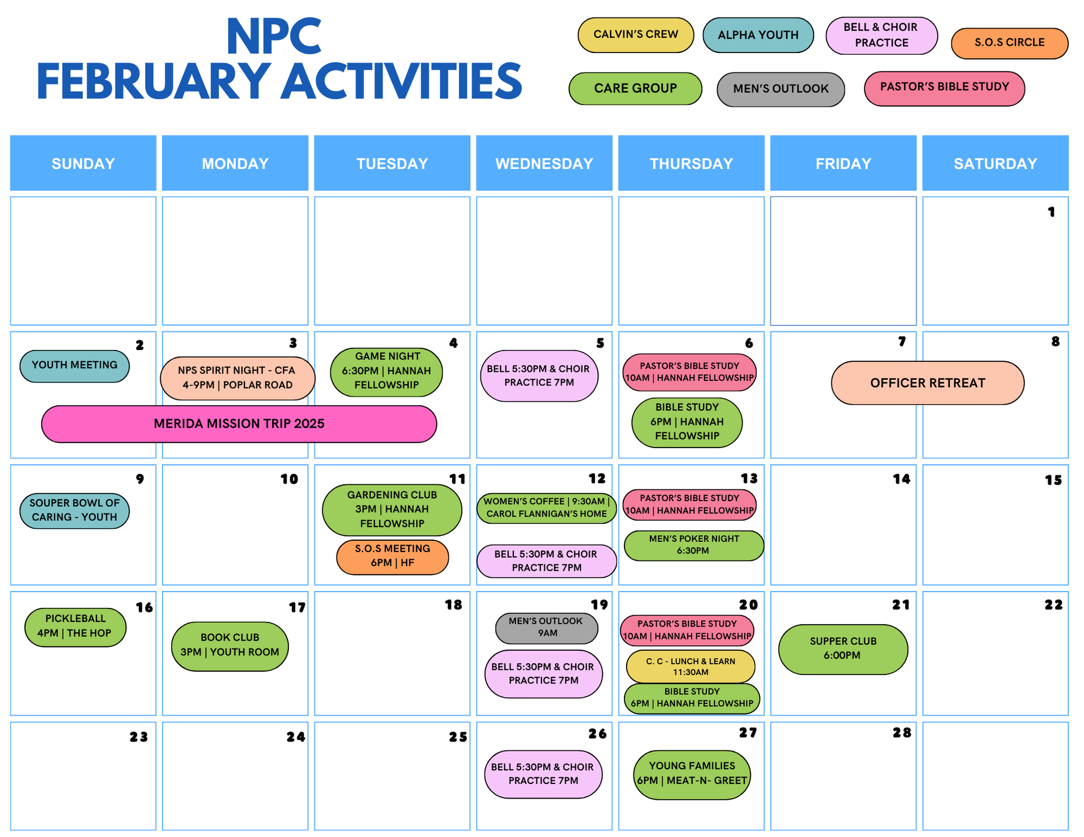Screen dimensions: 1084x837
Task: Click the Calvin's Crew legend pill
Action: point(636,35)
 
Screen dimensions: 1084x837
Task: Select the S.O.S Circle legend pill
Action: point(1009,43)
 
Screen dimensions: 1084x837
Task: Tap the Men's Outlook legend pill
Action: point(781,89)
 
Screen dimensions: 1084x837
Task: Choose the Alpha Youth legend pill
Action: point(758,35)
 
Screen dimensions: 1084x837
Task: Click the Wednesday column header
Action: point(544,163)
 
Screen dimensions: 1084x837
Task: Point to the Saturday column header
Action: point(995,163)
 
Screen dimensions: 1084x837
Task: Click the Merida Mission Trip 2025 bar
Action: point(239,424)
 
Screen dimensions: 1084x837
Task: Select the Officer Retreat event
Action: point(928,383)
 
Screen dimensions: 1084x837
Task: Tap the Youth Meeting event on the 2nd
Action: point(75,366)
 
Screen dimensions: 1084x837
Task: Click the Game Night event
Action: point(387,371)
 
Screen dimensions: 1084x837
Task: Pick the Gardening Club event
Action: point(392,510)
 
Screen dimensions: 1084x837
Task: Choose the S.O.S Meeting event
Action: point(393,556)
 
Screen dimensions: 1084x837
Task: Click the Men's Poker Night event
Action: point(694,545)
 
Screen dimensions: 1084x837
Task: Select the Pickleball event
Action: point(75,626)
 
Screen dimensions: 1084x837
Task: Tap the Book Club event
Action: point(230,646)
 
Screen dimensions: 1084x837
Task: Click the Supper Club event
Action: point(843,649)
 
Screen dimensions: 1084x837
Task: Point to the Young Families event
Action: point(692,774)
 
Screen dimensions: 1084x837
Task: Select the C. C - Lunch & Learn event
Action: point(690,667)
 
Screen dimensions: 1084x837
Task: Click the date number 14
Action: point(902,479)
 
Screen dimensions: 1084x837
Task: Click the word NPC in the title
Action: point(274,37)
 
